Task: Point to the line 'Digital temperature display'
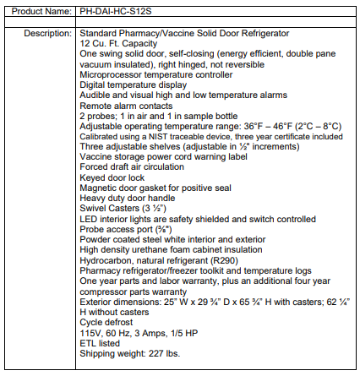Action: (122, 85)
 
